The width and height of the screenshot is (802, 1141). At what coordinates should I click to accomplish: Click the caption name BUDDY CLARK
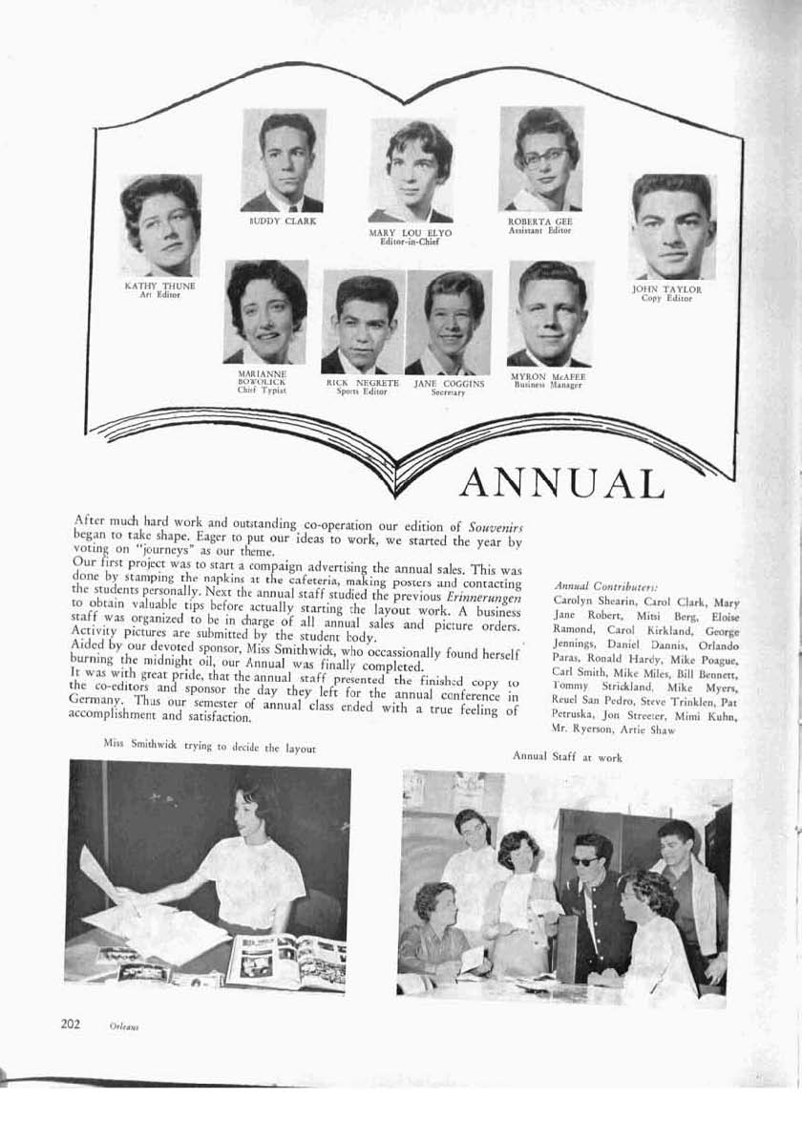pos(283,222)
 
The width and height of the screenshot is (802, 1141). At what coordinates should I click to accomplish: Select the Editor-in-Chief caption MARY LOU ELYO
pos(410,232)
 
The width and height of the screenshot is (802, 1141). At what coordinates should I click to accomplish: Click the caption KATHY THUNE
pos(159,285)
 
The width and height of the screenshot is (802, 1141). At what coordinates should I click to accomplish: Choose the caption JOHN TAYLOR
pos(666,288)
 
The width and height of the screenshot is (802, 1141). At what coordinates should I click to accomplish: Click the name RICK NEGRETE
pos(363,383)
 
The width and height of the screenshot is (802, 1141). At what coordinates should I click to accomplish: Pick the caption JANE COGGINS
pos(449,383)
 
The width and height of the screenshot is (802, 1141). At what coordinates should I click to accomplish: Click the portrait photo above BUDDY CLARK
pos(284,159)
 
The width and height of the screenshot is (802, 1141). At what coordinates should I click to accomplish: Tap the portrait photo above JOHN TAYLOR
pos(672,226)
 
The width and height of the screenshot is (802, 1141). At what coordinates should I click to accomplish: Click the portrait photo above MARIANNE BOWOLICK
pos(265,311)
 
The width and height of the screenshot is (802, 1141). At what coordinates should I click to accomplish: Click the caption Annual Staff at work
pos(567,755)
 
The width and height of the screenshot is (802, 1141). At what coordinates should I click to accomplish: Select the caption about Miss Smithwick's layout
pos(207,748)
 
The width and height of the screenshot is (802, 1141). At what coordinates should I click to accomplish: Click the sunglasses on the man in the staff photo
pos(585,860)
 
